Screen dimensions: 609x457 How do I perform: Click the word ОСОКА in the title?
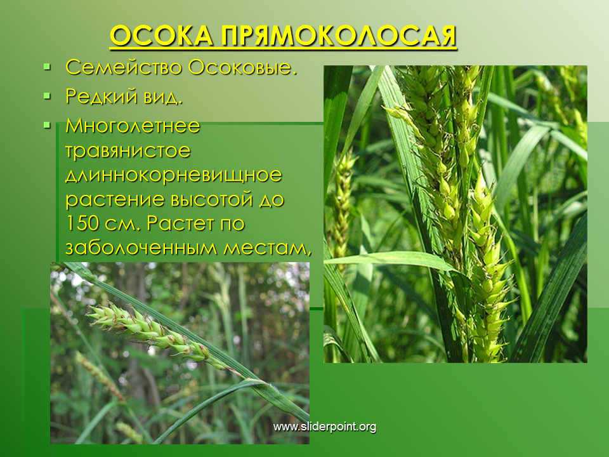161,37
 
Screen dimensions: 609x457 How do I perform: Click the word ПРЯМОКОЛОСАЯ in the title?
339,37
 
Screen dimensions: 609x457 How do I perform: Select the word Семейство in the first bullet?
124,67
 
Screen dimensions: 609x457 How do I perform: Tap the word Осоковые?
243,67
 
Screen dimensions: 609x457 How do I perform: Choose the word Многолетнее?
133,126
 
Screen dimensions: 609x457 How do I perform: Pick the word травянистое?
128,151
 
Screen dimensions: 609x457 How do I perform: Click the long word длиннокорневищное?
174,176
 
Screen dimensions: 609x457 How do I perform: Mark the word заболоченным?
141,248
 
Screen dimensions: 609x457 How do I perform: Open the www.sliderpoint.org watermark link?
325,427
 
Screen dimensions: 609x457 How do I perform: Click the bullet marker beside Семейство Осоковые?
48,67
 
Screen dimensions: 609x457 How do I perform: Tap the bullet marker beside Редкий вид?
48,96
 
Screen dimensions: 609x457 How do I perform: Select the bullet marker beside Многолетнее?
48,125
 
